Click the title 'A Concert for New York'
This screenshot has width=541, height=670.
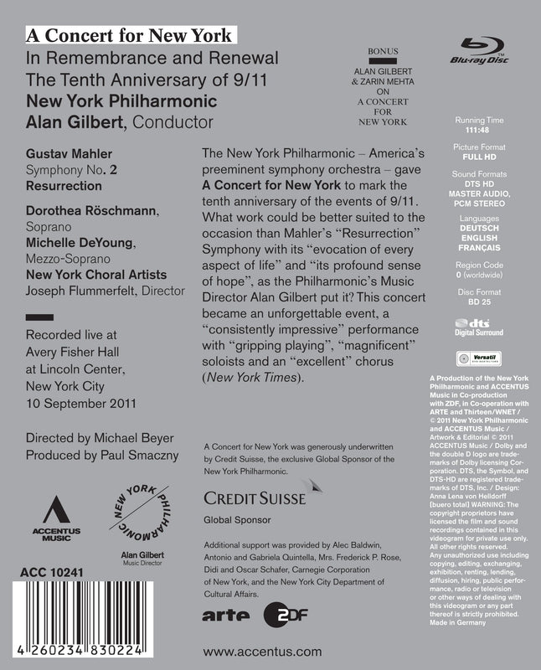[129, 36]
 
